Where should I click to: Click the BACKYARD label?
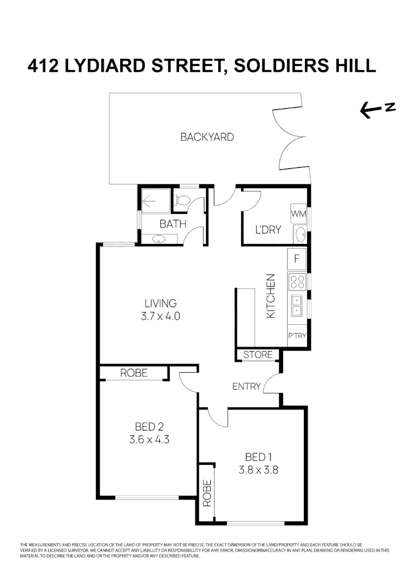pos(207,137)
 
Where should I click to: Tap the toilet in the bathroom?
pos(182,200)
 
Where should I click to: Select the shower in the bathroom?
pos(156,201)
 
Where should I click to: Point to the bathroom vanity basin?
pos(159,239)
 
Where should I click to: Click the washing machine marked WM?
pos(298,213)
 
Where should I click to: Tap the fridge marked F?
pos(296,259)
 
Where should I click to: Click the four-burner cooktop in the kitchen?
pos(297,282)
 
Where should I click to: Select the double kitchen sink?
pos(297,306)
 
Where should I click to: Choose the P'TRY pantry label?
pos(297,336)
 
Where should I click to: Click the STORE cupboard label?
pos(258,355)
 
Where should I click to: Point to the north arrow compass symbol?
pos(377,110)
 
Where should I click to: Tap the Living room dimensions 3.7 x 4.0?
pos(161,316)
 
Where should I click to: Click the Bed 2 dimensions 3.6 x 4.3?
pos(149,440)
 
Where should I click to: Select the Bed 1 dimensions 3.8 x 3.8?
pos(258,470)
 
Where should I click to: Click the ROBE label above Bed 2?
pos(133,373)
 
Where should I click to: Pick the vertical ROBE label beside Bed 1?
pos(207,493)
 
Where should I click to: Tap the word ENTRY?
pos(246,387)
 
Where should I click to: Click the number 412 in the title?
pos(43,66)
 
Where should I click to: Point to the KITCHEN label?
pos(271,296)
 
